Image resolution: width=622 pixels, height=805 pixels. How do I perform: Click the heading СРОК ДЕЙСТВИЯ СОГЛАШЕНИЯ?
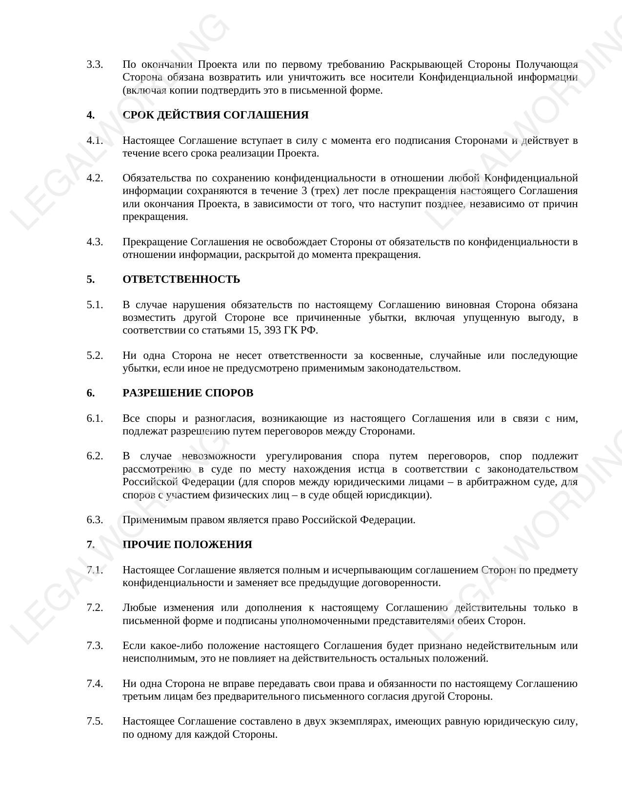[215, 115]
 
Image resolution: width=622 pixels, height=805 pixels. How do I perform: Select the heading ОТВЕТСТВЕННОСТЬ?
[181, 279]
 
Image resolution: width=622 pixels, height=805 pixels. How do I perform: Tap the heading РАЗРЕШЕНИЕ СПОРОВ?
[188, 393]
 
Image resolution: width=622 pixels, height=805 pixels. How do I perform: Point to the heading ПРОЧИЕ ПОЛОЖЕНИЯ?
[187, 545]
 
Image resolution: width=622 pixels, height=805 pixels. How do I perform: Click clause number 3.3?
[95, 64]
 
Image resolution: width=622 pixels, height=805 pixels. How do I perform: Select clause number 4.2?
[95, 178]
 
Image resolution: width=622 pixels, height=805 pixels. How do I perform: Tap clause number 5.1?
[95, 305]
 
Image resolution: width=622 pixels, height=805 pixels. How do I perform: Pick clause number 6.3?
[95, 520]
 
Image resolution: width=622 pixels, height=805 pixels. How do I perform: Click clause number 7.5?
[95, 721]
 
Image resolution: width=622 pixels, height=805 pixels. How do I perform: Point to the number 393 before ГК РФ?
[275, 331]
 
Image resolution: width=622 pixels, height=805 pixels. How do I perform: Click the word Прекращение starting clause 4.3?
[155, 242]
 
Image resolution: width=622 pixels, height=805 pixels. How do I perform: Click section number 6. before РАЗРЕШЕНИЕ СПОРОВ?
[91, 393]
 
